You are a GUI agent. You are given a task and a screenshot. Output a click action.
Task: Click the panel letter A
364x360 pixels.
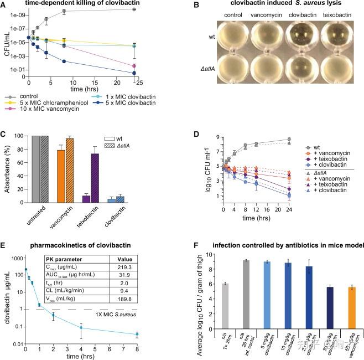[4, 5]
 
